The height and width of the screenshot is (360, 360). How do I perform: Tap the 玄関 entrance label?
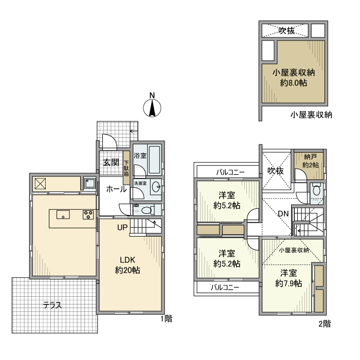tap(111, 163)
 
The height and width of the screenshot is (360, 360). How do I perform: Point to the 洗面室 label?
tap(140, 183)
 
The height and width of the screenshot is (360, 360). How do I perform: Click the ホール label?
tap(117, 189)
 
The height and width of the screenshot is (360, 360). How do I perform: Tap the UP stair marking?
tap(122, 227)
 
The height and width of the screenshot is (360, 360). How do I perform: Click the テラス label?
tap(52, 305)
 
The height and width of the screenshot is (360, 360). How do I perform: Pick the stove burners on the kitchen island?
tap(86, 215)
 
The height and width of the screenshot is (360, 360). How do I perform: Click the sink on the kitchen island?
tap(63, 215)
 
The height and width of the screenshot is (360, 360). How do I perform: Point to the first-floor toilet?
tap(146, 210)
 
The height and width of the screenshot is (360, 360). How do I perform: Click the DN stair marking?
tap(283, 213)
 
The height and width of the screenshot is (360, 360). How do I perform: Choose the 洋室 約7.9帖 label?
tap(288, 278)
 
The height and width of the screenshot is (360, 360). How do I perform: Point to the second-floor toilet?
tap(316, 190)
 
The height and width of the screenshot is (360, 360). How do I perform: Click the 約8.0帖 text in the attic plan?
tap(293, 82)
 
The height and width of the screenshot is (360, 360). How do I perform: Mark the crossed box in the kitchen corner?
tap(40, 183)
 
